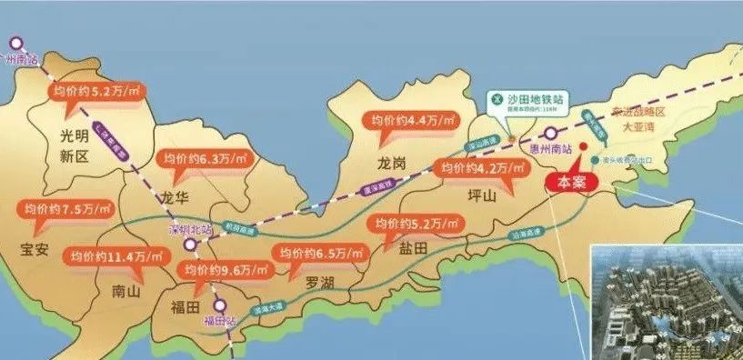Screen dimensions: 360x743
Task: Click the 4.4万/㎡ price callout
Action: [x=407, y=119]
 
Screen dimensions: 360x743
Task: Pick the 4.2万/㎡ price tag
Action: [x=479, y=169]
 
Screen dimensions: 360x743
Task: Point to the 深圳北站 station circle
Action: [x=188, y=245]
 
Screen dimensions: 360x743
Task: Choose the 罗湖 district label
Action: [x=319, y=283]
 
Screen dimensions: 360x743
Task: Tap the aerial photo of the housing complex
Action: [x=666, y=300]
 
